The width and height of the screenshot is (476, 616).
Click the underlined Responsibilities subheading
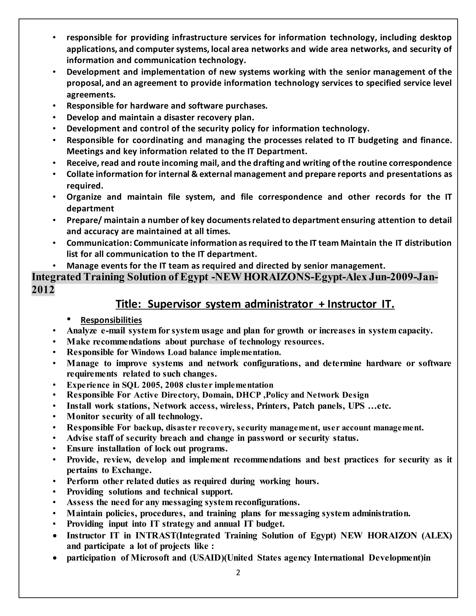111,320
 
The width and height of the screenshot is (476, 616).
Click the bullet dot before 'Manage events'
54,266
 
